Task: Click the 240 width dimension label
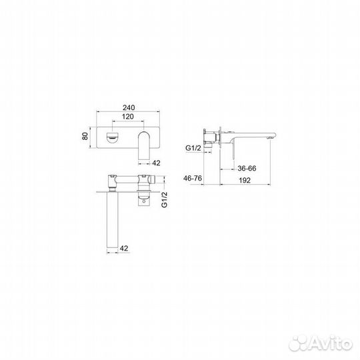tap(129, 107)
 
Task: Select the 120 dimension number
tap(127, 117)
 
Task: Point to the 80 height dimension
tap(85, 136)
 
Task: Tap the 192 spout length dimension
tap(245, 180)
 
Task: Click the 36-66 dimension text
tap(247, 168)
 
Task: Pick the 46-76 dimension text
tap(193, 178)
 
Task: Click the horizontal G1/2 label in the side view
tap(193, 148)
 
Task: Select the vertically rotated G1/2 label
tap(165, 199)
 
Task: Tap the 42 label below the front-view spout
tap(156, 163)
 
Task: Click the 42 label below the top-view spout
tap(124, 248)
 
